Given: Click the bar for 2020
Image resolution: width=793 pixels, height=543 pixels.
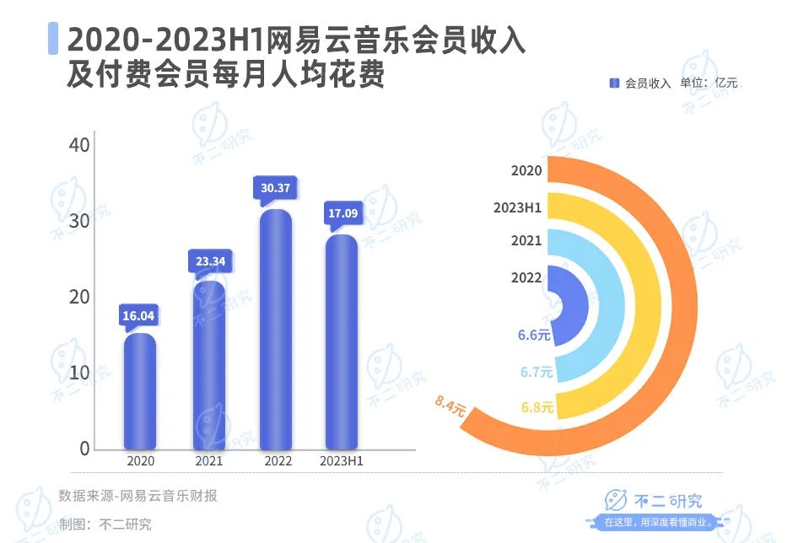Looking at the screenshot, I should (140, 391).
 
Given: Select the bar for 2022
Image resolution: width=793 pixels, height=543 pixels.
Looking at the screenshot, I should (276, 329).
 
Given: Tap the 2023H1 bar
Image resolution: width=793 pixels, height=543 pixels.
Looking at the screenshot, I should (342, 341).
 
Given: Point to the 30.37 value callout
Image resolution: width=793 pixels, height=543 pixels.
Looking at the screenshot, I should (276, 188).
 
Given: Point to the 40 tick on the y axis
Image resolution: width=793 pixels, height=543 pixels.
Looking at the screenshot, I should (78, 145).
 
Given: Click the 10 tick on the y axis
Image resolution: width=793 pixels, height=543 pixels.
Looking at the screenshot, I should (78, 373).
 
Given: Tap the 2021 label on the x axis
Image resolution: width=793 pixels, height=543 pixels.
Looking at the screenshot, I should (208, 461).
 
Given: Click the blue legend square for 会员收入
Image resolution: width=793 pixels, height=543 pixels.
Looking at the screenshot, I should (614, 83).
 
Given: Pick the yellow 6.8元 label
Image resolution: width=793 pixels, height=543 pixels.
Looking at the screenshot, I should (537, 408).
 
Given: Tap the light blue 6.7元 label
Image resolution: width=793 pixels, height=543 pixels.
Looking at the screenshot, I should (536, 372).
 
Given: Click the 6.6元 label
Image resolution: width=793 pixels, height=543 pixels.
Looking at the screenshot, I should (534, 335).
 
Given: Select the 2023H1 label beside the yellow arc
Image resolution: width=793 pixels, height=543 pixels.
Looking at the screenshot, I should (518, 207).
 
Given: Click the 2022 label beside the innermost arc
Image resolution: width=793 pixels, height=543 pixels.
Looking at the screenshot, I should (526, 277).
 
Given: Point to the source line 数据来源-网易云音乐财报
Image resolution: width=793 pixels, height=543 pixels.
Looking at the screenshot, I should (138, 496).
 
